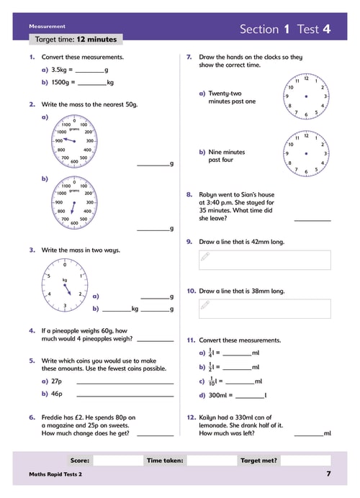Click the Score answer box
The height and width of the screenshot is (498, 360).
click(x=118, y=460)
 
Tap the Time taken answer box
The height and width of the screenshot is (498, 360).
click(x=212, y=460)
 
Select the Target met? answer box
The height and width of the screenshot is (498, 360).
click(x=305, y=460)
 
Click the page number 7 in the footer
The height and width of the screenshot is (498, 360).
click(x=328, y=474)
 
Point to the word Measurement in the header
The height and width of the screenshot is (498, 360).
click(x=47, y=27)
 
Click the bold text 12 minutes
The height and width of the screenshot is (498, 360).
click(x=96, y=40)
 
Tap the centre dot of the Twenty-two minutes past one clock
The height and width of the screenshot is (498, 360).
click(x=306, y=96)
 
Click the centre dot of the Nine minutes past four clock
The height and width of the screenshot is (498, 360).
click(x=306, y=153)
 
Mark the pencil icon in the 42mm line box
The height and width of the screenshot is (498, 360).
click(x=205, y=256)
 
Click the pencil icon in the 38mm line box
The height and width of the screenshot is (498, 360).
click(x=205, y=305)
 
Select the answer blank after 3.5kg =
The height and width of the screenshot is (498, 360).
click(x=89, y=73)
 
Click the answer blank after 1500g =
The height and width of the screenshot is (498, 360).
click(x=92, y=85)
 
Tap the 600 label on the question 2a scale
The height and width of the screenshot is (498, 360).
click(x=74, y=162)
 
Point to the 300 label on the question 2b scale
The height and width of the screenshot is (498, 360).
click(x=90, y=202)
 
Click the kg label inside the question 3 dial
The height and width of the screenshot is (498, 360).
click(x=65, y=280)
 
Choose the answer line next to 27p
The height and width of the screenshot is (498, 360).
click(x=125, y=384)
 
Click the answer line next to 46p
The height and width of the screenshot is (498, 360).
click(x=125, y=396)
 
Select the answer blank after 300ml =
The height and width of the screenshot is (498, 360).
click(x=250, y=398)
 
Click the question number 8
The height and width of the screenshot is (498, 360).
click(x=189, y=194)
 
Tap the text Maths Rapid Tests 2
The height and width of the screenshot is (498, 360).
click(x=55, y=474)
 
